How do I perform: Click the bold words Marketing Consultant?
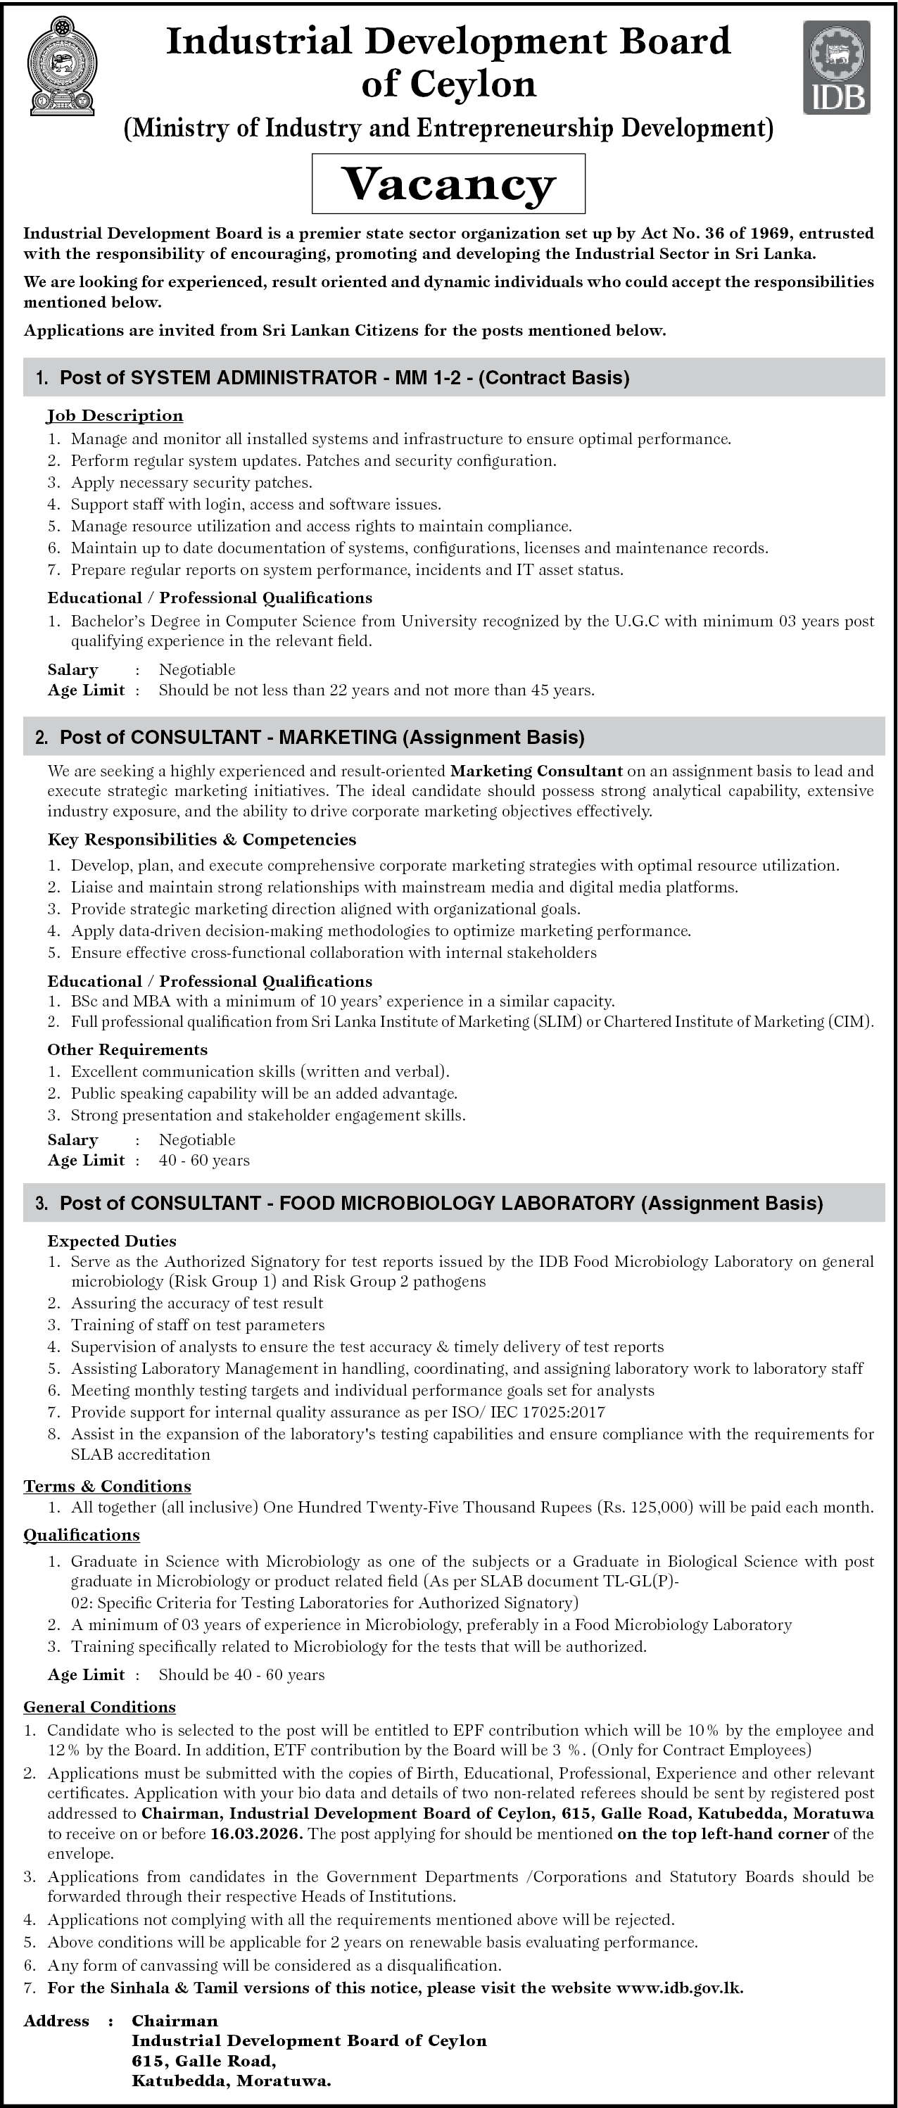coord(536,771)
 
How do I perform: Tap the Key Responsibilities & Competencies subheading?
coord(201,840)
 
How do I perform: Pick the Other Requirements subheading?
coord(127,1049)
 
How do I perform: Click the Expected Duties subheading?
coord(112,1241)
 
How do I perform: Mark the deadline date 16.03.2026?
coord(256,1834)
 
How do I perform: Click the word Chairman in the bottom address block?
coord(175,2021)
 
